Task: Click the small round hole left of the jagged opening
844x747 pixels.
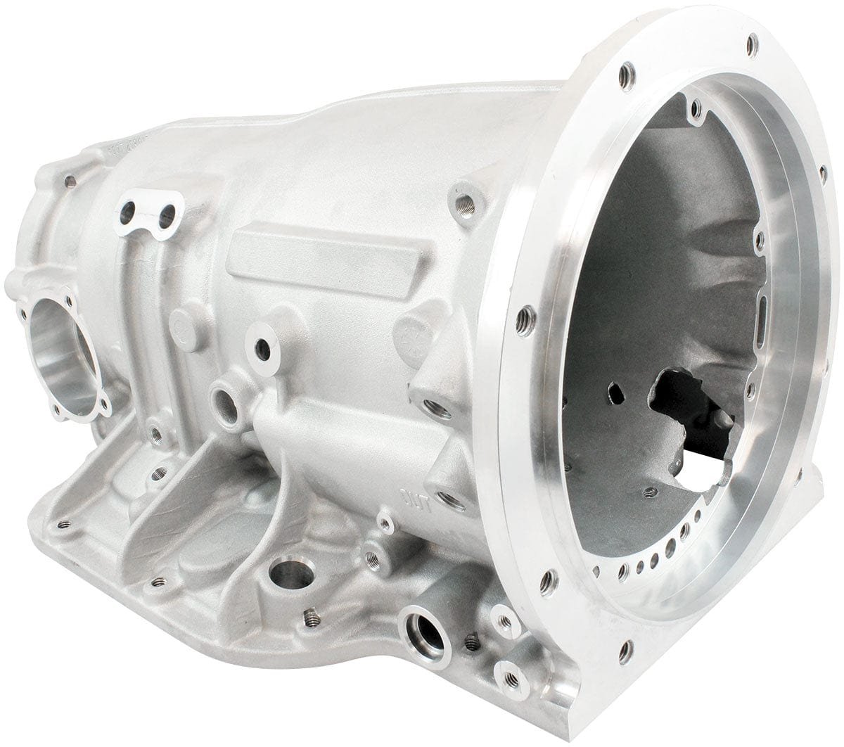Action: pyautogui.click(x=617, y=390)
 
